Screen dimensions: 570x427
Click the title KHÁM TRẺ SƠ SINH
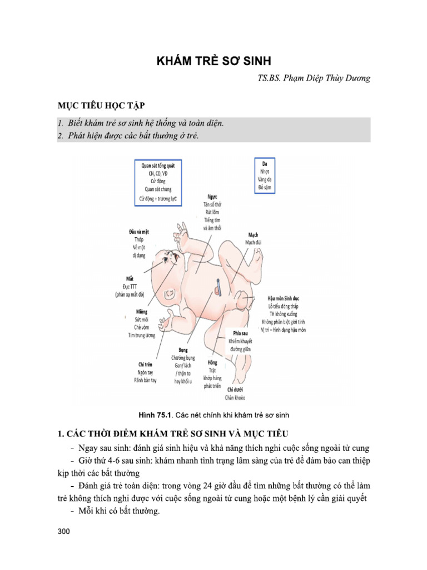213,61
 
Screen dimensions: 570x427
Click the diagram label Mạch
253,234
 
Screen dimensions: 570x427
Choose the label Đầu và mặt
138,231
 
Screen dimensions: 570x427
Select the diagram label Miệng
141,312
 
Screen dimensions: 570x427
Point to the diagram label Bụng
183,350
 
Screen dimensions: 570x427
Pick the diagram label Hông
212,362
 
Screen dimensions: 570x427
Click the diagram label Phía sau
240,332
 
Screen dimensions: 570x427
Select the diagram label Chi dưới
235,390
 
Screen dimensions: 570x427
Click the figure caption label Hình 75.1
158,415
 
